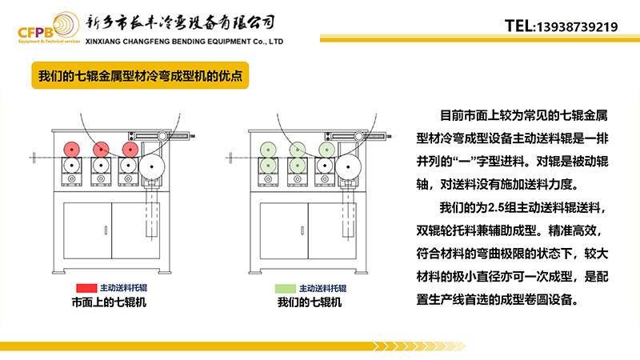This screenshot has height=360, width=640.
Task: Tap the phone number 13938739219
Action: point(577,26)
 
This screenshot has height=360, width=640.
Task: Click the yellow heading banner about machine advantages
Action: point(141,78)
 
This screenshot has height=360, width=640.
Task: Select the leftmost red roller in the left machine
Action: point(71,149)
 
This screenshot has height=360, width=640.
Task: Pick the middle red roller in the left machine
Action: point(101,149)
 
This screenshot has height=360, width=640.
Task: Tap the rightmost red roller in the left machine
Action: point(130,149)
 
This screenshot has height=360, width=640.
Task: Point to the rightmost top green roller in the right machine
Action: point(326,149)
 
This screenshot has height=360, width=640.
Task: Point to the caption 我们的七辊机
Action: point(310,302)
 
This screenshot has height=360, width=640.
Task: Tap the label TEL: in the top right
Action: point(519,26)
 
